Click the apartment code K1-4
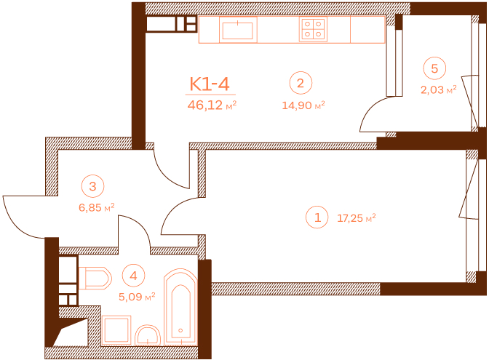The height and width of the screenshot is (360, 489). [210, 84]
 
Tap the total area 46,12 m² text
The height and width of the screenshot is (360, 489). [212, 105]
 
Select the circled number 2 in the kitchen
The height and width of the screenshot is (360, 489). [301, 83]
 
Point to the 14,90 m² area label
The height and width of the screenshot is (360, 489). [303, 105]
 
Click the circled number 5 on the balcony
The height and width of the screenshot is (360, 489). [434, 68]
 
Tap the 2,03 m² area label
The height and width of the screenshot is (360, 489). [439, 89]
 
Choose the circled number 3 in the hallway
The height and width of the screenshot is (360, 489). [92, 186]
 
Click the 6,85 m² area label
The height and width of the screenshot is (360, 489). [97, 207]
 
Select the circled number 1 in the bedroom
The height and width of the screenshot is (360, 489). [317, 217]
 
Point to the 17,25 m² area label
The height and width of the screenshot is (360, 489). [357, 218]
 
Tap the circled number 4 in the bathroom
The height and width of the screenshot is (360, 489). [133, 276]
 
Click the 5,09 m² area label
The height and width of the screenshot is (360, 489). [137, 297]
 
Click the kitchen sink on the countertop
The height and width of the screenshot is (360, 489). [238, 30]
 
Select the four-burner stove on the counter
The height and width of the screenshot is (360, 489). [313, 29]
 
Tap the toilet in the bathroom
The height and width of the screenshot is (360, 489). [95, 278]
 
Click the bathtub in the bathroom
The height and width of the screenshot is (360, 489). [180, 307]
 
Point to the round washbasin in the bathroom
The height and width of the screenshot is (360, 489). [148, 335]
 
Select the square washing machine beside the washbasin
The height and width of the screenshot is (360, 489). [116, 330]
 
